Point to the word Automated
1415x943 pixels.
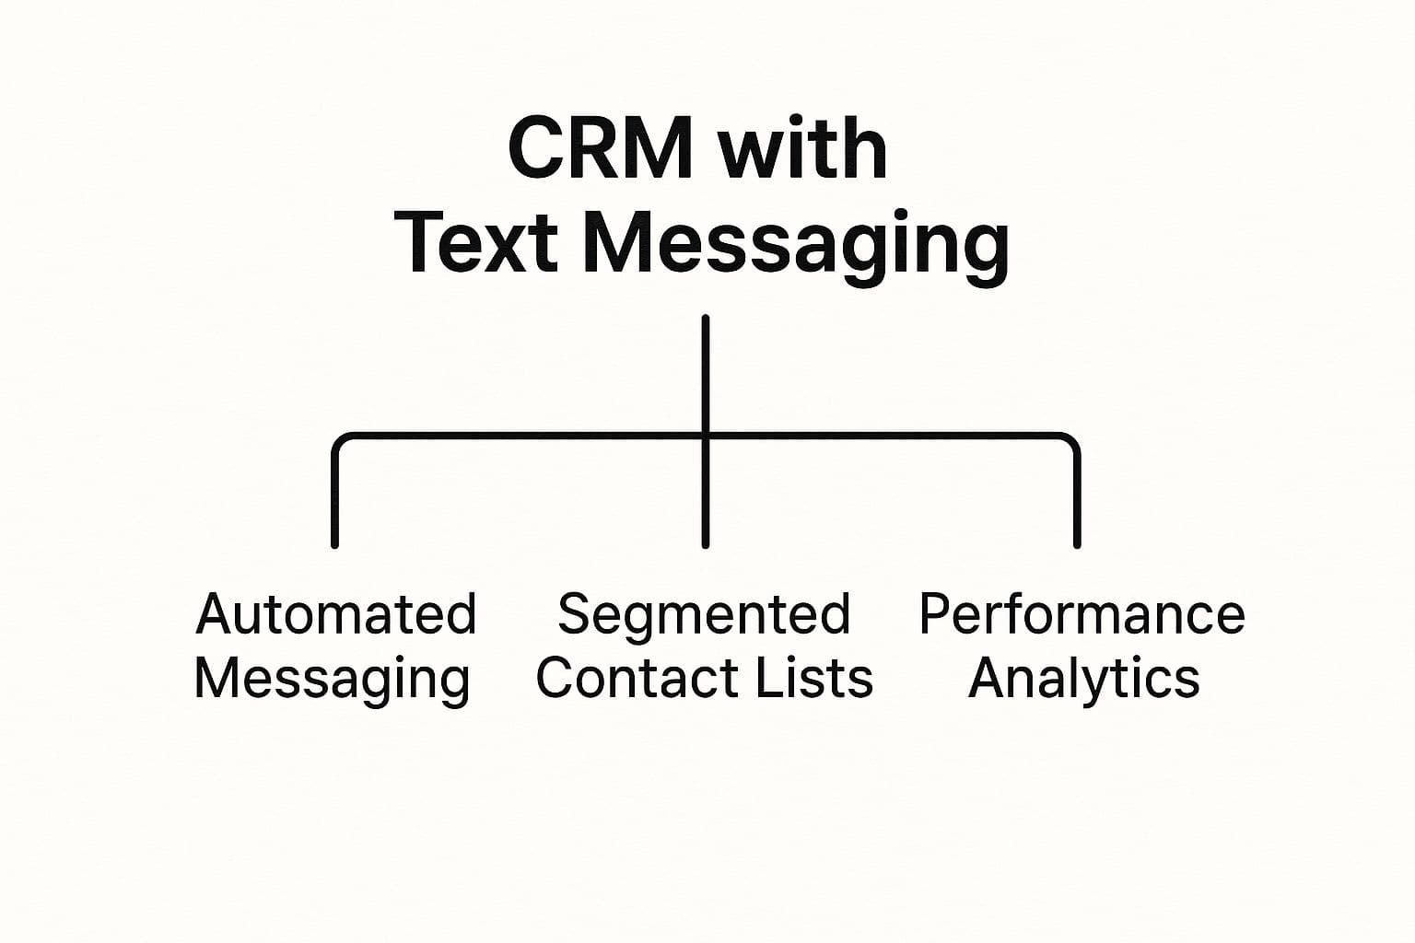pyautogui.click(x=336, y=613)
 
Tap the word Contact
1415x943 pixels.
pyautogui.click(x=639, y=678)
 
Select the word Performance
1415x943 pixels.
pyautogui.click(x=1082, y=613)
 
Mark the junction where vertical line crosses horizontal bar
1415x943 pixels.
pyautogui.click(x=706, y=436)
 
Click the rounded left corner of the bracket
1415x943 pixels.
pyautogui.click(x=340, y=441)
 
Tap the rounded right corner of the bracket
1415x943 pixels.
pyautogui.click(x=1072, y=441)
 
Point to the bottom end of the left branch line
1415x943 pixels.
pyautogui.click(x=334, y=545)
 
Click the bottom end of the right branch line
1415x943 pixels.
pyautogui.click(x=1077, y=545)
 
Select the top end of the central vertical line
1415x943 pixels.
pyautogui.click(x=706, y=318)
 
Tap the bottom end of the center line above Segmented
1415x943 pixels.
pyautogui.click(x=706, y=545)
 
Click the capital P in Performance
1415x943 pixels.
pyautogui.click(x=936, y=613)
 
